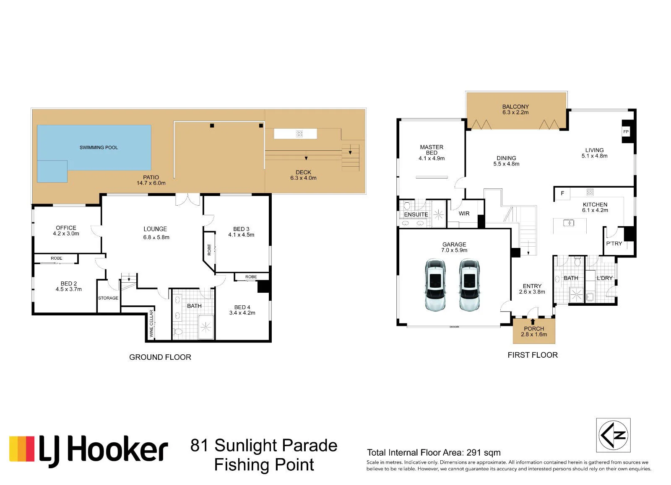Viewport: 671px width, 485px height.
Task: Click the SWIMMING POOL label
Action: (x=99, y=147)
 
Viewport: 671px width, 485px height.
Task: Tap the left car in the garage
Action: (x=435, y=285)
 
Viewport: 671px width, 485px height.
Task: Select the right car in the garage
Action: (x=469, y=285)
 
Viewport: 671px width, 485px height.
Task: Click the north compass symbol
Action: (x=613, y=435)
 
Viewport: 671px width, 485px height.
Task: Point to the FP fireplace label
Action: (x=626, y=132)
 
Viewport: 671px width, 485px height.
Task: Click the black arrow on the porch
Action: (x=533, y=322)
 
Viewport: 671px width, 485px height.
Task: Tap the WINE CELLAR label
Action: (x=151, y=323)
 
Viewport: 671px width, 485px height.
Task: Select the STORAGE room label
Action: (x=108, y=298)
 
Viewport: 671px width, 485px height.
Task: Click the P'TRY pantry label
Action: (x=614, y=244)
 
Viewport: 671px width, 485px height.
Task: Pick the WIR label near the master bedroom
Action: (x=464, y=213)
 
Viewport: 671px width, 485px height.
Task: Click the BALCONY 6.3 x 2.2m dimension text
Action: (x=515, y=113)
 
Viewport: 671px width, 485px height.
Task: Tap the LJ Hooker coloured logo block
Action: (x=22, y=449)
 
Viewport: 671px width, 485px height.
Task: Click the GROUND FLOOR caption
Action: (x=160, y=357)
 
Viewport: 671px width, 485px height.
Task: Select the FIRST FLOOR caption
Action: (x=533, y=355)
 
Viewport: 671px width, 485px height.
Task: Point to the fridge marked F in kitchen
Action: (x=562, y=193)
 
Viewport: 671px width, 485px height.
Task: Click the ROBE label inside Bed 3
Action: (x=209, y=250)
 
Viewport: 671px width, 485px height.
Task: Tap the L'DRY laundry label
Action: (x=604, y=278)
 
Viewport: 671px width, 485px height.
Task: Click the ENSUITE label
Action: (x=416, y=214)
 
